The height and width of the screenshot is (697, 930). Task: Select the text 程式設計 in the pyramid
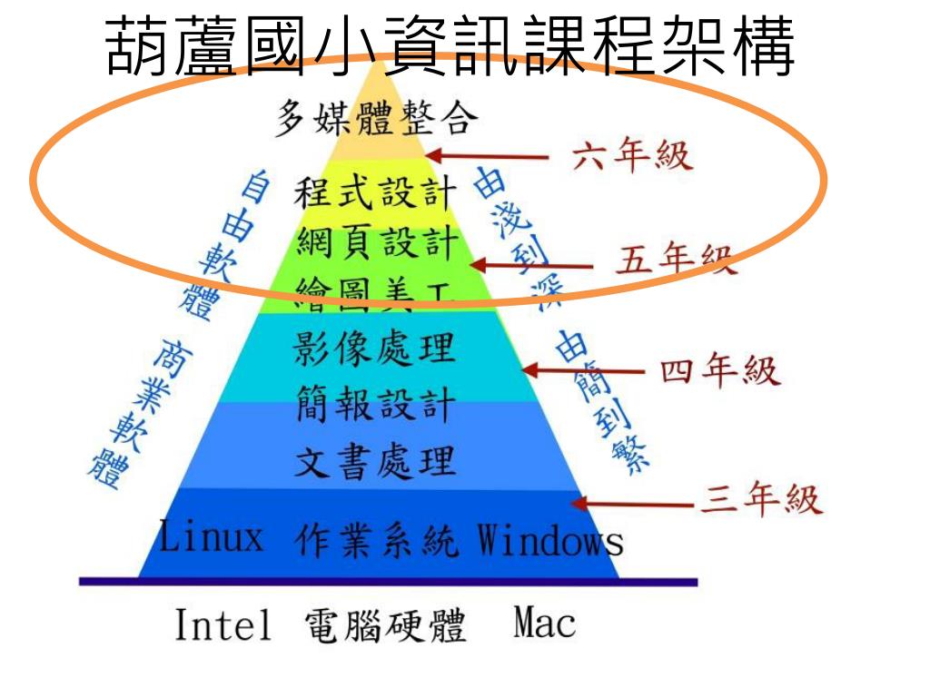click(373, 193)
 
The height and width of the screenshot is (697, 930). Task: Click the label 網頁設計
click(373, 242)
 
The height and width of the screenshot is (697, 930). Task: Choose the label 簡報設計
click(373, 403)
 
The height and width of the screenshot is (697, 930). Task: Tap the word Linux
click(212, 537)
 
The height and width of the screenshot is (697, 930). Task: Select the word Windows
click(550, 541)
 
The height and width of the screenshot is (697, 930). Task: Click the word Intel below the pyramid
click(223, 625)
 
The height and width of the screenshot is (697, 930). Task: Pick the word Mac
click(544, 623)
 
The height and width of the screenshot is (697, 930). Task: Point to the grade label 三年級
click(761, 500)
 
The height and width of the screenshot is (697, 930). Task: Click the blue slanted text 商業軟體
click(127, 413)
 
